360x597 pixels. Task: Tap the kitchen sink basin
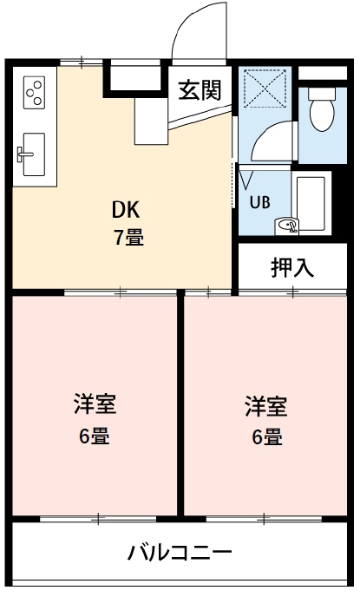point(34,156)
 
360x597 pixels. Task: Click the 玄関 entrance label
point(200,89)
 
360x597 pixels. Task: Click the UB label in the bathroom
point(259,201)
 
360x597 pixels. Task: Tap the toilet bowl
point(323,115)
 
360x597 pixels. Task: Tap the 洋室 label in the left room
point(95,405)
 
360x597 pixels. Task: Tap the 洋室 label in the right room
point(266,405)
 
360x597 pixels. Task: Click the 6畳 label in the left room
point(95,436)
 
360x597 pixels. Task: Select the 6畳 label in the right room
point(266,436)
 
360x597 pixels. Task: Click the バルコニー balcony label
point(180,552)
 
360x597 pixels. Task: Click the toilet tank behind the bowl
point(323,91)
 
